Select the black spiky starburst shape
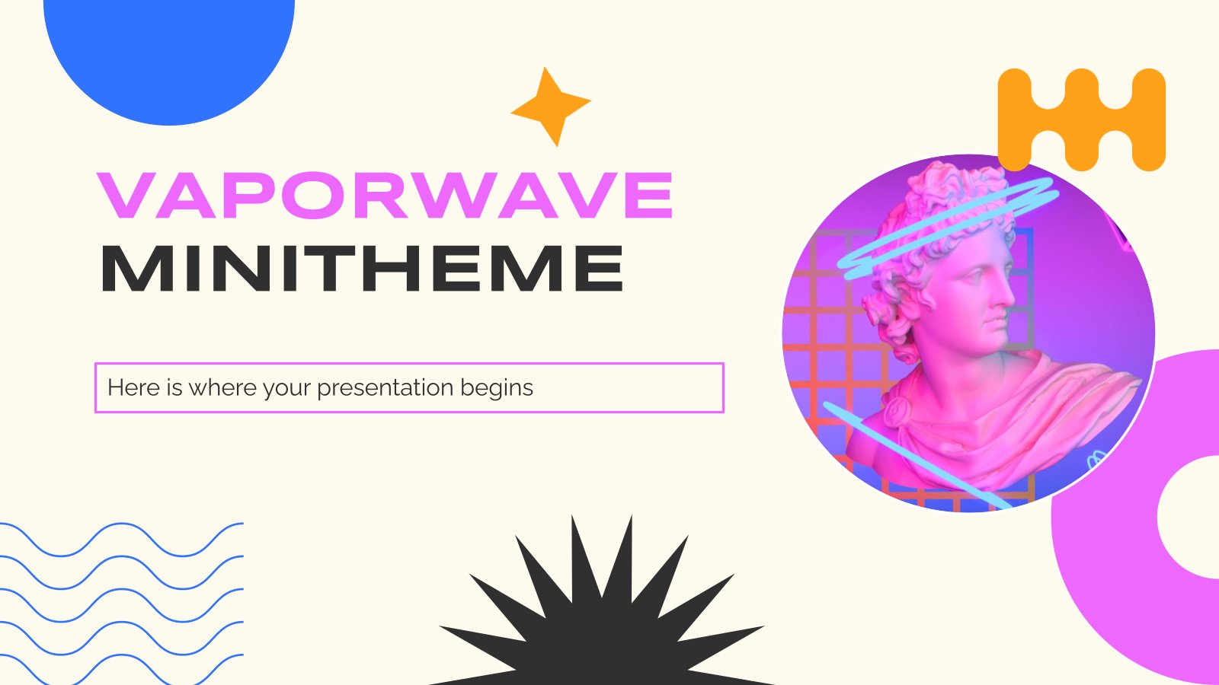pos(602,616)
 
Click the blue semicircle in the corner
pos(169,53)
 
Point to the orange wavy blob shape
pos(1082,119)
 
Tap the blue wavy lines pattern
pos(122,601)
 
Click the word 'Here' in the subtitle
pos(134,388)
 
